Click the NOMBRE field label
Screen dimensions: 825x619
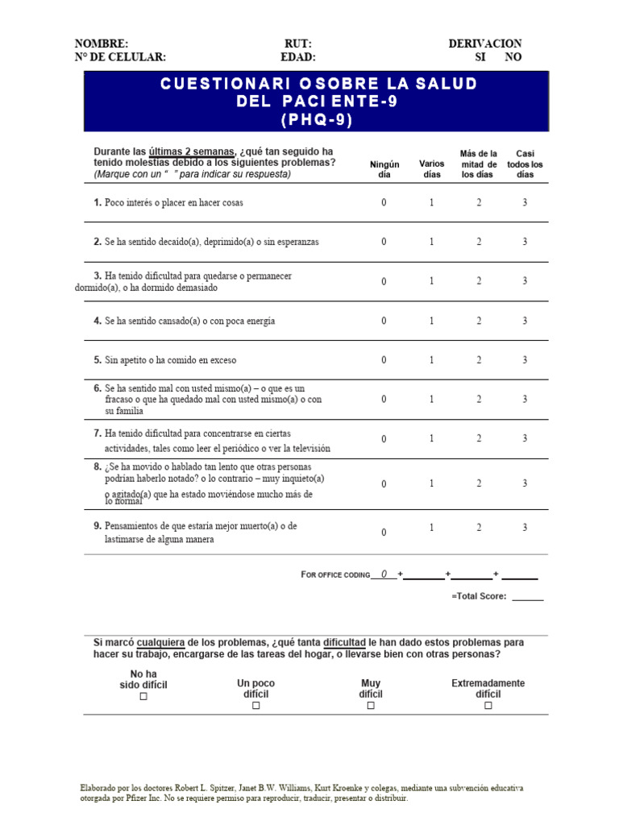pyautogui.click(x=101, y=44)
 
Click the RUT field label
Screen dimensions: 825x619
pyautogui.click(x=297, y=44)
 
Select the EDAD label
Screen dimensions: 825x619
pyautogui.click(x=297, y=57)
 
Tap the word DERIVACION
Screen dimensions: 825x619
pyautogui.click(x=484, y=44)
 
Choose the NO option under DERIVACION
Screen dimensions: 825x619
pyautogui.click(x=513, y=57)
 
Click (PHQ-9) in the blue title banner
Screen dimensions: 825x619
pyautogui.click(x=317, y=120)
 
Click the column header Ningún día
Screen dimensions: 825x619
pyautogui.click(x=384, y=169)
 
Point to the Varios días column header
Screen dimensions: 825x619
pyautogui.click(x=432, y=169)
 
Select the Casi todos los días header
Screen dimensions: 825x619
pyautogui.click(x=525, y=164)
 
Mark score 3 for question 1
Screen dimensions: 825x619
pyautogui.click(x=525, y=203)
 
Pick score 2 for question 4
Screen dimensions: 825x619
pyautogui.click(x=479, y=321)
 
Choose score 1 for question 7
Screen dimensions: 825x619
pyautogui.click(x=432, y=438)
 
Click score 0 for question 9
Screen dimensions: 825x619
pyautogui.click(x=384, y=533)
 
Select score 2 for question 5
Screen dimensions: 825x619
pyautogui.click(x=479, y=360)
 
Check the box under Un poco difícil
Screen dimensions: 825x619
pyautogui.click(x=255, y=706)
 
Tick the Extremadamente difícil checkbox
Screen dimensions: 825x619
pyautogui.click(x=488, y=706)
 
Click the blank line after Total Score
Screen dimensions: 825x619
pyautogui.click(x=527, y=597)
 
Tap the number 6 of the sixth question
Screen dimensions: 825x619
pyautogui.click(x=98, y=388)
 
